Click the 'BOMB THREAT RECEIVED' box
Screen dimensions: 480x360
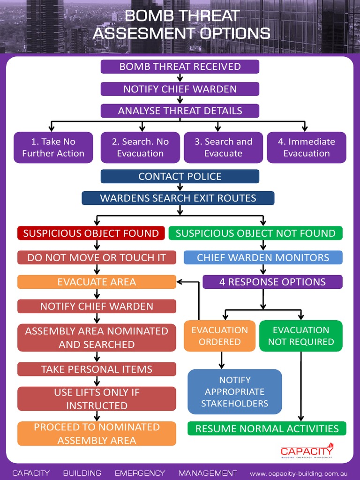coord(180,67)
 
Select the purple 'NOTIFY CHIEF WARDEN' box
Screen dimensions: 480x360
coord(180,89)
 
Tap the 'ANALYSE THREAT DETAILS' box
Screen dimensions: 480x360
coord(180,111)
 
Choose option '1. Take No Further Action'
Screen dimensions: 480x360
coord(53,147)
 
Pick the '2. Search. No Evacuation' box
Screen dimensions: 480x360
coord(140,147)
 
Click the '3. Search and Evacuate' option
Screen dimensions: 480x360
coord(223,147)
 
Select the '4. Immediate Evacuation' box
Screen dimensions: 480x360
coord(307,147)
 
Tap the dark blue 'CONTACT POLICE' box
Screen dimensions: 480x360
coord(180,176)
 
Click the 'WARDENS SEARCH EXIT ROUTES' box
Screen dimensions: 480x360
coord(178,198)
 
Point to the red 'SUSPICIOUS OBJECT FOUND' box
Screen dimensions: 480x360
coord(91,233)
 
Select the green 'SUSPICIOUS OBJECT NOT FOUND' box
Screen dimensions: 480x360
coord(255,233)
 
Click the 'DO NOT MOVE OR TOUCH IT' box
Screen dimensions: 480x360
coord(97,257)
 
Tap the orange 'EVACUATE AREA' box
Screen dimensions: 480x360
coord(97,282)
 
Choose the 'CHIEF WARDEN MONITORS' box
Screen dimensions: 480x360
coord(263,257)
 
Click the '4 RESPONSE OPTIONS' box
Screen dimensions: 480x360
coord(272,282)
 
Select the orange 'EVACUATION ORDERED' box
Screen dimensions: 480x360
coord(219,336)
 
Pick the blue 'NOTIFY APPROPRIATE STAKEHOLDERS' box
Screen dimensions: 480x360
coord(235,392)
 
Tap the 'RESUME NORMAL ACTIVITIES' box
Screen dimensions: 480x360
coord(267,428)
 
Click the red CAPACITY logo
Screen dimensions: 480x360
coord(307,450)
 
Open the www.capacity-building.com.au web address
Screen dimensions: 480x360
coord(301,473)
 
